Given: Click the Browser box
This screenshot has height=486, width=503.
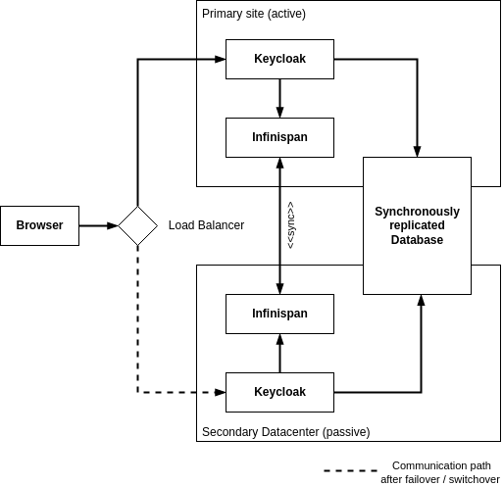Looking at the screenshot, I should (39, 225).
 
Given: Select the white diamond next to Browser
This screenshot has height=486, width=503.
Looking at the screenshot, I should (137, 225).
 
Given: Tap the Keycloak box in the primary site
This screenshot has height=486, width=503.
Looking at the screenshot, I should (279, 59).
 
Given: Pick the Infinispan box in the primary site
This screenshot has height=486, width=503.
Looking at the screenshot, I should (279, 137).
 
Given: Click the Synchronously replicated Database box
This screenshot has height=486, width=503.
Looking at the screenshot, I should (417, 225).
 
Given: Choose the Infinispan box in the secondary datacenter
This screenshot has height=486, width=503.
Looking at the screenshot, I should (279, 314).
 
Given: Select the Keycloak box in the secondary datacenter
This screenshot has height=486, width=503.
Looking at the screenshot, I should (279, 392).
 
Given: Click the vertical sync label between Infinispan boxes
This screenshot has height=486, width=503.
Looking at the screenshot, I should (290, 225).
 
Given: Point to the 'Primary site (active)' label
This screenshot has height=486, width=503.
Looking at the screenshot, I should (250, 13).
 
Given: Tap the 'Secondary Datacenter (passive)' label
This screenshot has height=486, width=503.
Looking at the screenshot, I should (285, 431).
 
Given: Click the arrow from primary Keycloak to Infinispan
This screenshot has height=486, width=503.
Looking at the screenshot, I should (279, 98).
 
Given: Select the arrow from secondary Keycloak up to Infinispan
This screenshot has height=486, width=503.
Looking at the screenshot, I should (279, 353).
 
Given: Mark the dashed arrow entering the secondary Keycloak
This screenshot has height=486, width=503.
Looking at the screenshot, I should (213, 392).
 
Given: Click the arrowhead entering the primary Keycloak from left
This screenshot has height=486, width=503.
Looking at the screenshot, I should (220, 59).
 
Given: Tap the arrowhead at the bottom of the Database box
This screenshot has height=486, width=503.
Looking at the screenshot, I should (421, 300).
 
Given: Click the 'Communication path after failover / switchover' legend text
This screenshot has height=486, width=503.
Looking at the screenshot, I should (440, 472).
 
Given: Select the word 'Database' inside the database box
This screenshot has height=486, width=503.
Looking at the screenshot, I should (417, 240).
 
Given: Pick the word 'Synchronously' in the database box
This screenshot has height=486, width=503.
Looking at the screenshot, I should (417, 211).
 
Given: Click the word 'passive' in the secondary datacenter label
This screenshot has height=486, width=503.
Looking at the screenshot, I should (346, 431).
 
